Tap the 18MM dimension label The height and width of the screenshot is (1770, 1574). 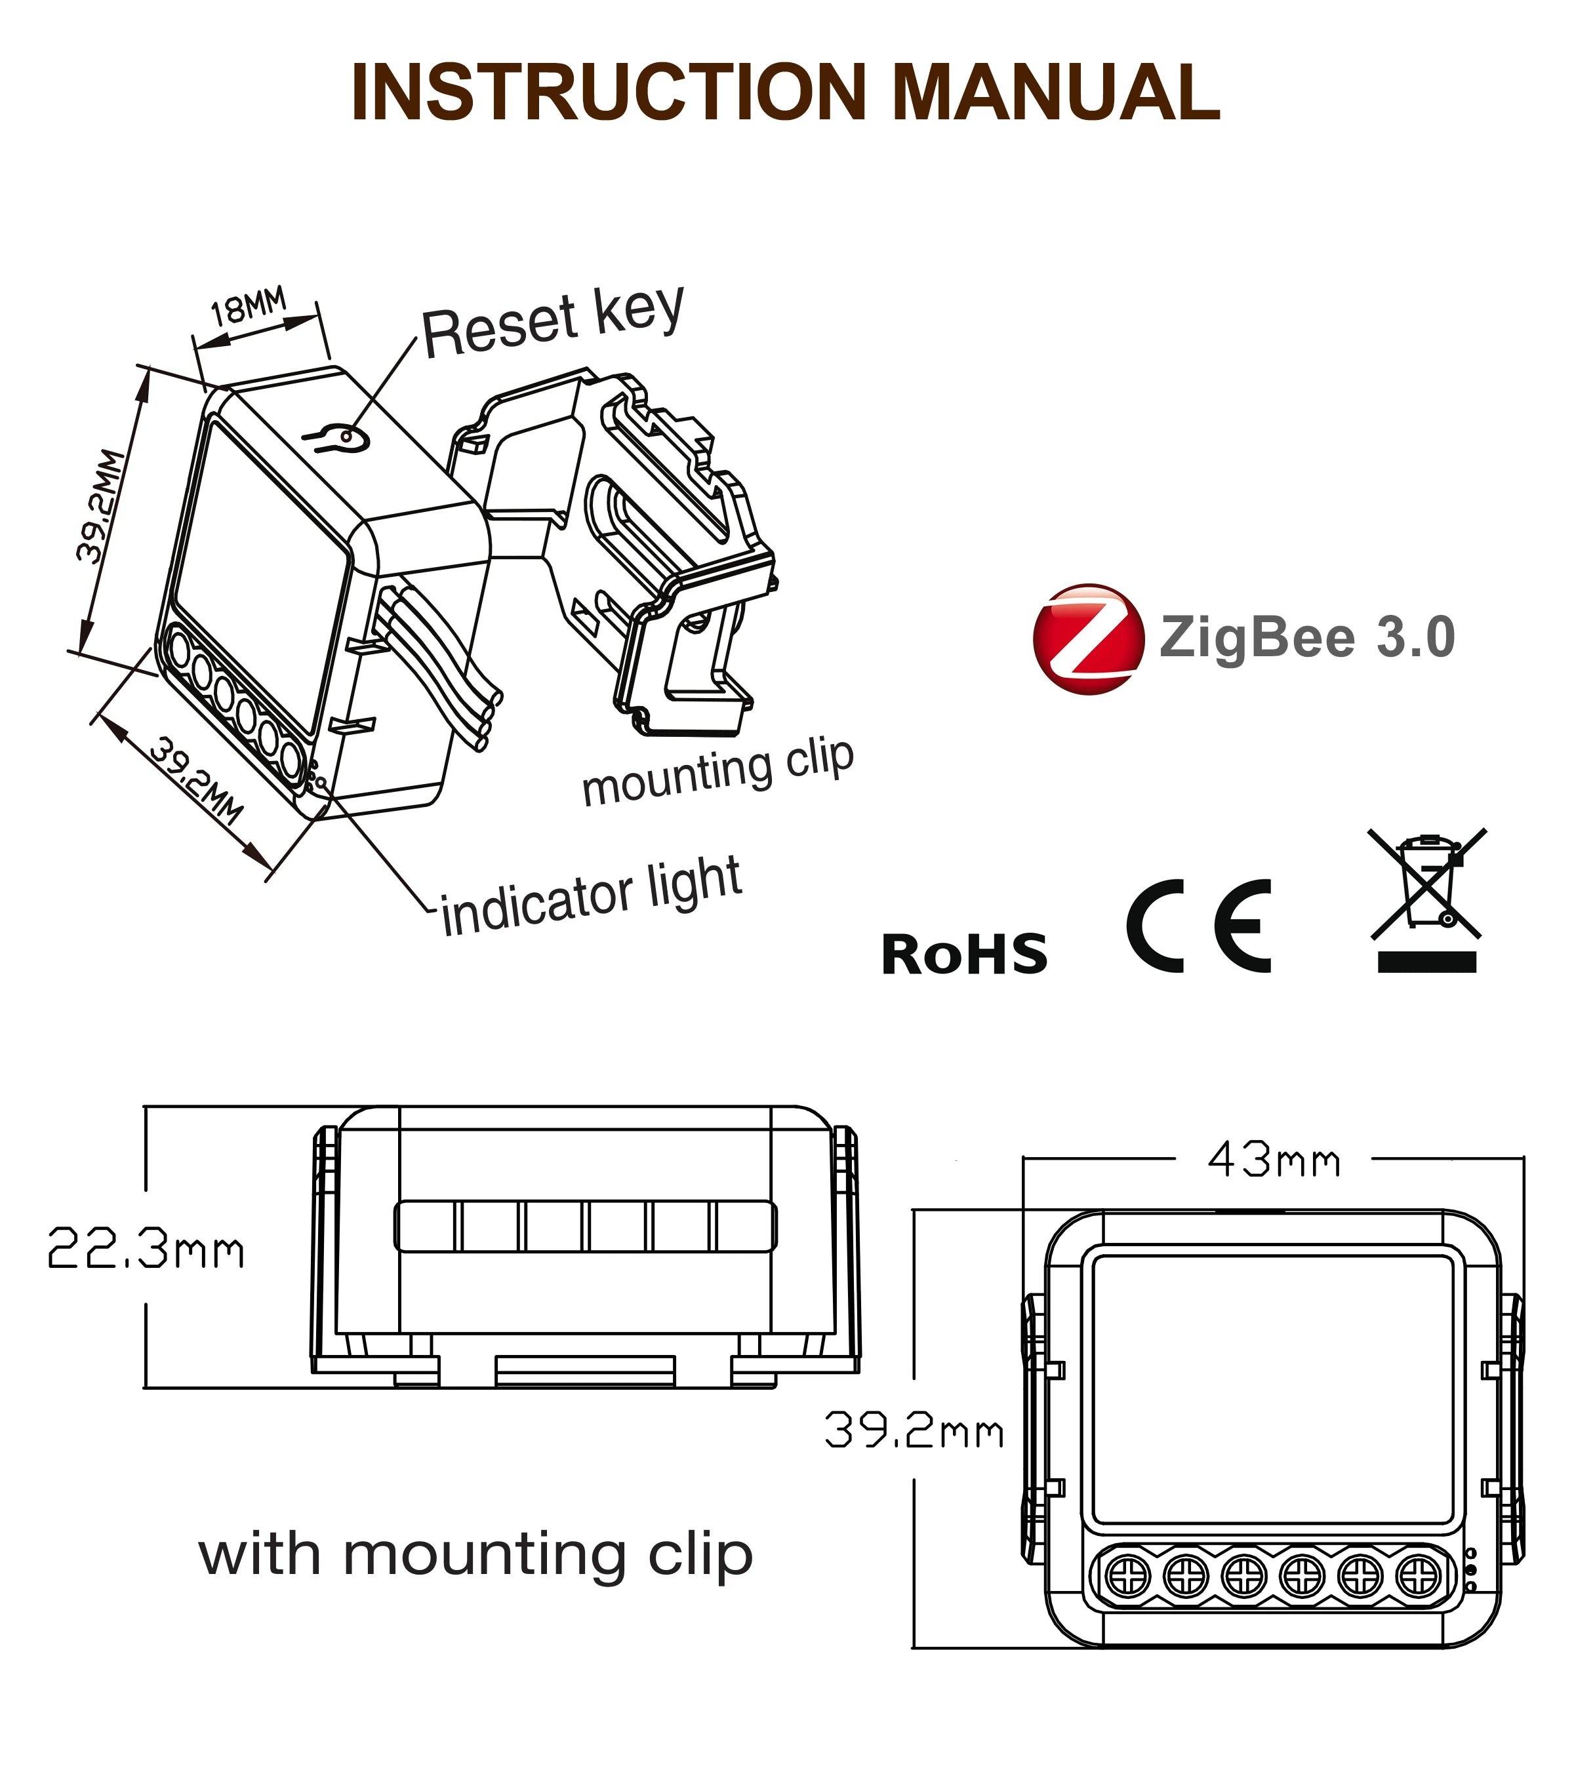pyautogui.click(x=249, y=307)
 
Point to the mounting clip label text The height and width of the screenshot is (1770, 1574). pyautogui.click(x=717, y=774)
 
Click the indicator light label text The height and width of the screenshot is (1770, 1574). pyautogui.click(x=592, y=896)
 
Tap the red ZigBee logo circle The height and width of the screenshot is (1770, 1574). pyautogui.click(x=1088, y=639)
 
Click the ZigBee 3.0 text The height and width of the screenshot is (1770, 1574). pyautogui.click(x=1306, y=639)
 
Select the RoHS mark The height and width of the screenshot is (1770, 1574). pyautogui.click(x=963, y=954)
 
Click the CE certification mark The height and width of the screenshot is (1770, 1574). pyautogui.click(x=1199, y=926)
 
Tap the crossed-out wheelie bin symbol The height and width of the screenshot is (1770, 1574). pyautogui.click(x=1426, y=883)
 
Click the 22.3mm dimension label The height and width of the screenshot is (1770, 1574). pyautogui.click(x=146, y=1249)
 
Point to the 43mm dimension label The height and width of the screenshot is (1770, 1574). pyautogui.click(x=1272, y=1160)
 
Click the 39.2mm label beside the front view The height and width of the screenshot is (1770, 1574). pyautogui.click(x=914, y=1430)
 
